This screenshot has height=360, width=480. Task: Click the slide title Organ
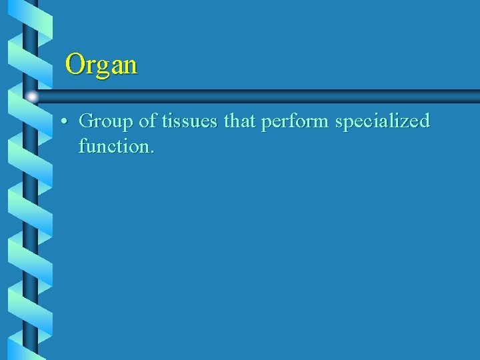tap(101, 65)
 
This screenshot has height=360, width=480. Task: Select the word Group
tap(105, 121)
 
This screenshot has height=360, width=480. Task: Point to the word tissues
tap(189, 121)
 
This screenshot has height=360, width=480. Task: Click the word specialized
tap(383, 121)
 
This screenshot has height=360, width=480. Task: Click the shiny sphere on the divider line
tap(31, 97)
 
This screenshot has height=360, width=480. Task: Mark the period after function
tap(152, 151)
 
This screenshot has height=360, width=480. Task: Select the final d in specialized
tap(425, 121)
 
